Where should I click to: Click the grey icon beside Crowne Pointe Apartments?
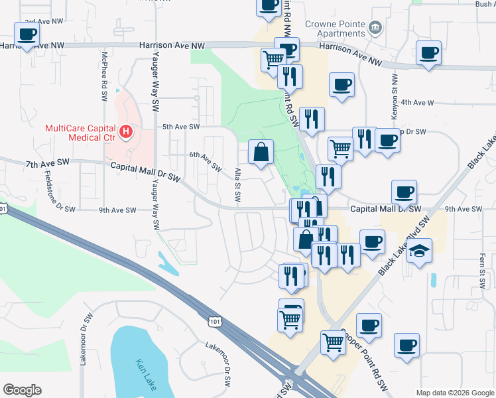tap(376, 27)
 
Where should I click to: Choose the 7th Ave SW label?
tap(48, 163)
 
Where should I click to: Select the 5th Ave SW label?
tap(181, 127)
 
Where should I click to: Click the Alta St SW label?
tap(238, 185)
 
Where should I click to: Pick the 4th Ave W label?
tap(417, 103)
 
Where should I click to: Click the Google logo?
tap(22, 390)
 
